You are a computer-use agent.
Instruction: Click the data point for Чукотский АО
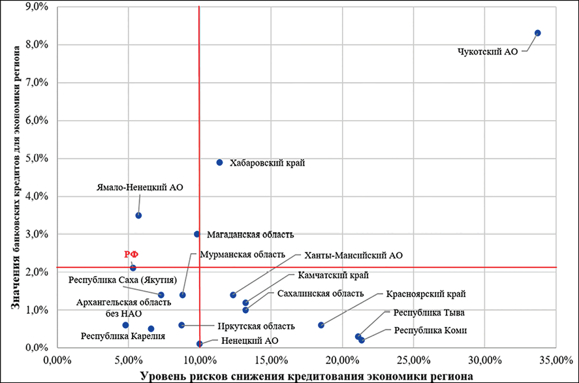coord(538,33)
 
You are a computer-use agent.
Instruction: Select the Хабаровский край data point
coord(220,162)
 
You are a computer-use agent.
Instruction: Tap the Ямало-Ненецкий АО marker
coord(138,215)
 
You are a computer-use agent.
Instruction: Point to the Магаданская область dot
coord(196,234)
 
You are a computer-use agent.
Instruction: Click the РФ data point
coord(133,268)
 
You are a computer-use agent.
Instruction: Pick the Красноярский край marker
coord(321,325)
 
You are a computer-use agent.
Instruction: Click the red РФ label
coord(132,255)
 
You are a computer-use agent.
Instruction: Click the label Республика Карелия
coord(123,337)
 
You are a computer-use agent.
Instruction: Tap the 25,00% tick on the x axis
coord(413,359)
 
